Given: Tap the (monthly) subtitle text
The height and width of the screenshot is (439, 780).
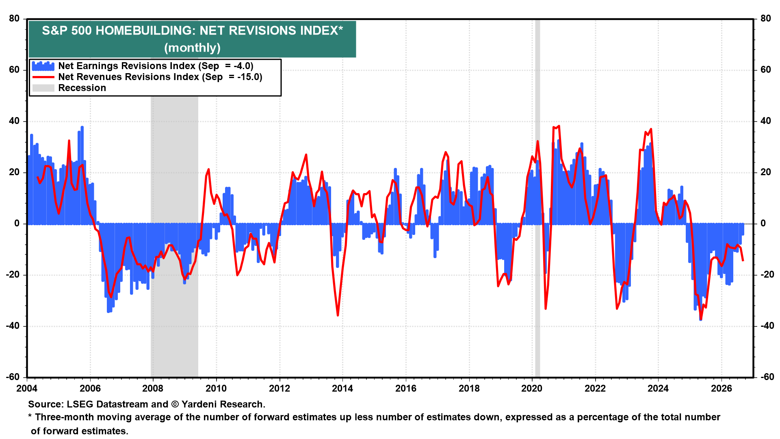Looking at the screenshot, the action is [x=192, y=48].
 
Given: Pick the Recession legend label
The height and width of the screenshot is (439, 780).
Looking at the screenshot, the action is [x=82, y=88].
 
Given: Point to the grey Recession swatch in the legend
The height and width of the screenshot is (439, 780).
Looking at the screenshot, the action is [x=43, y=88].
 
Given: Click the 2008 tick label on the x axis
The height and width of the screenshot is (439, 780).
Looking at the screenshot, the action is [x=153, y=388].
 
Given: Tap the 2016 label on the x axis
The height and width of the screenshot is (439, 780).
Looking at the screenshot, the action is [x=406, y=388].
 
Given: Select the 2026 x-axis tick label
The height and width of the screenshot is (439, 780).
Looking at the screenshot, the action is [x=721, y=388].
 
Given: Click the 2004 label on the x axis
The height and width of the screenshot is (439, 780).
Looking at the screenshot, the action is [x=27, y=388].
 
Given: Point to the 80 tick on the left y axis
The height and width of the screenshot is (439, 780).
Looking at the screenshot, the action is [x=14, y=18].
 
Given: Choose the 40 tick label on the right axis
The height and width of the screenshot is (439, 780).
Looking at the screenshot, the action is [x=765, y=121].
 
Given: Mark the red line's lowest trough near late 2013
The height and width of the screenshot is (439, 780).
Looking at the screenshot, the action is [x=338, y=315].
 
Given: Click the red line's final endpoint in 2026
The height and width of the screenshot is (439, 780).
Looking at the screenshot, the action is [x=743, y=261].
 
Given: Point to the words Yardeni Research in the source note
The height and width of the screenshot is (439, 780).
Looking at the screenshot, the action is [x=223, y=404].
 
